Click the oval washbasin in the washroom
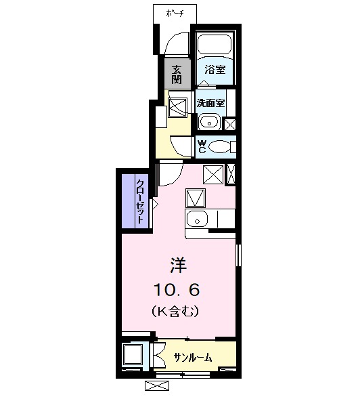pos(210,123)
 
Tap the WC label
pos(202,145)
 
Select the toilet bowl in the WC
pos(221,146)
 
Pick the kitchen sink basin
pos(198,219)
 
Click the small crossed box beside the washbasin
pos(229,124)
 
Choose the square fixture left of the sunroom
pos(133,355)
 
